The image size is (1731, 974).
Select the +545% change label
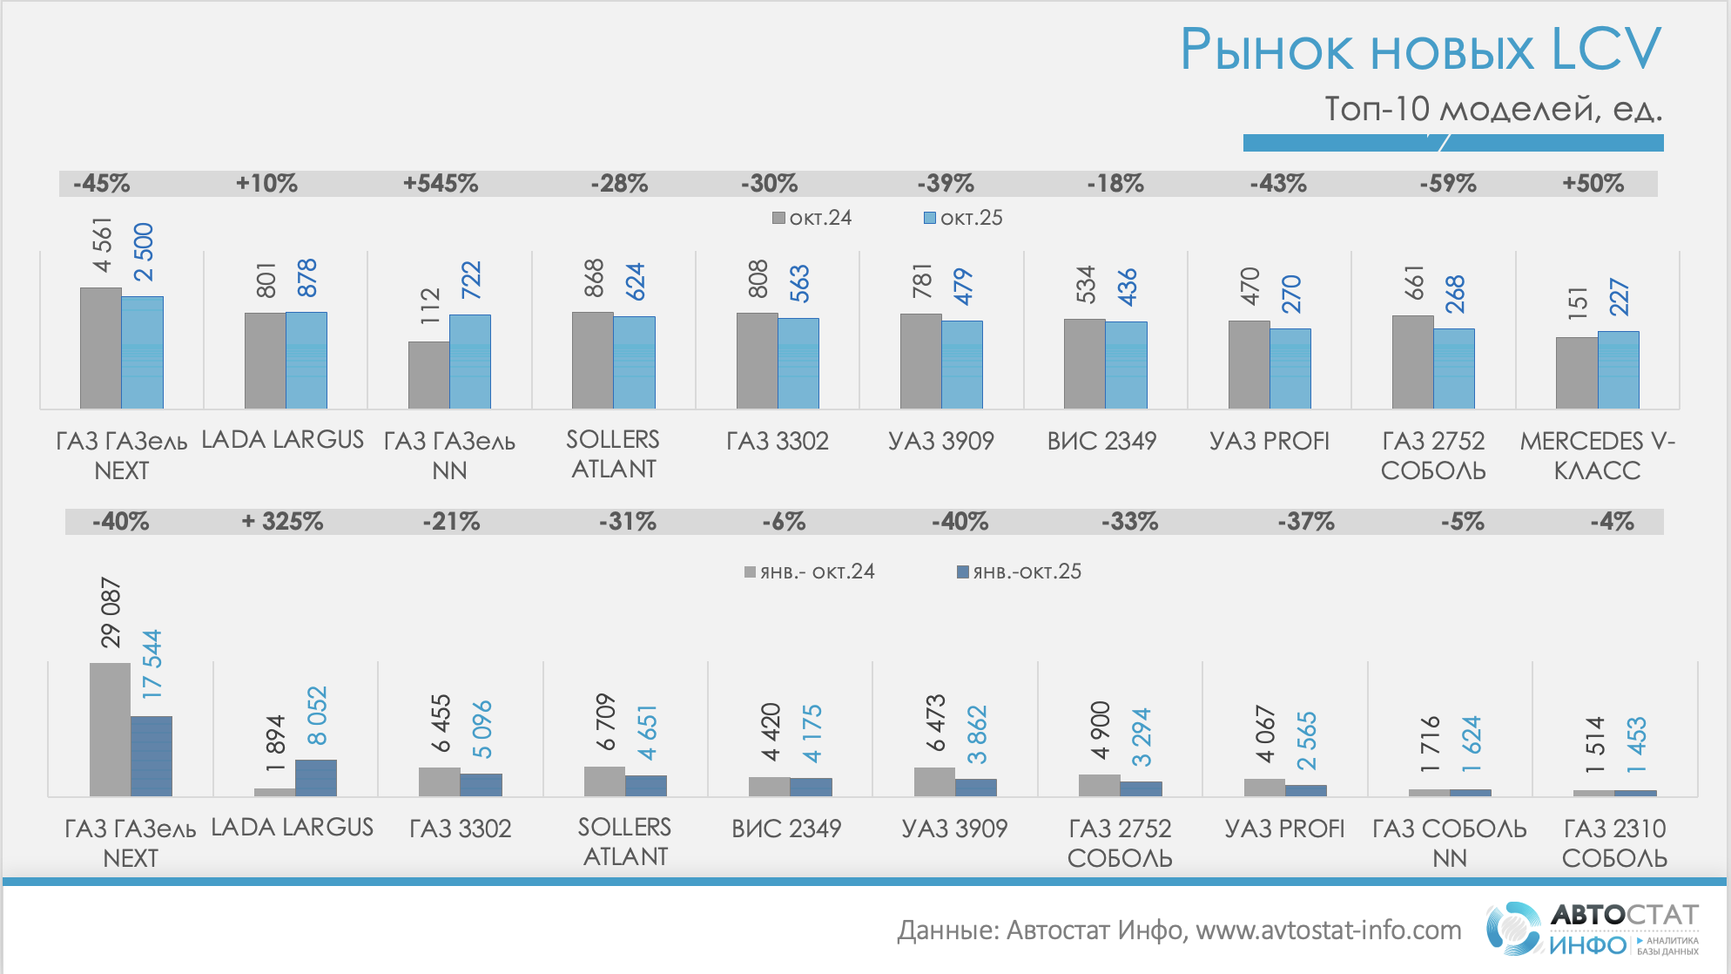(x=440, y=184)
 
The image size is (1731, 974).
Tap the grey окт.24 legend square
(x=779, y=218)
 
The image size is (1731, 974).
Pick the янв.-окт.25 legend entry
(x=1019, y=572)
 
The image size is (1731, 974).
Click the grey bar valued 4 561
(x=101, y=348)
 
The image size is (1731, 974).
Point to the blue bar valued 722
(x=470, y=362)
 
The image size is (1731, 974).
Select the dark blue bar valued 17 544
(x=152, y=755)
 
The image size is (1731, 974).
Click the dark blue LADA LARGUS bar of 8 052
(x=316, y=777)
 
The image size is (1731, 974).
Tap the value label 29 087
(x=111, y=612)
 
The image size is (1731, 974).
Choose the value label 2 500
(x=144, y=252)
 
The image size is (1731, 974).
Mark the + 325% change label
(x=282, y=522)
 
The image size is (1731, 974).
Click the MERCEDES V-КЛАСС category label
(x=1597, y=456)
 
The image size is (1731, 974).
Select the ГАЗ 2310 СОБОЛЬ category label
(x=1614, y=842)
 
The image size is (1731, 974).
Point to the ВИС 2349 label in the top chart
(x=1101, y=441)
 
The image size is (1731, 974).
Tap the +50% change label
(x=1593, y=184)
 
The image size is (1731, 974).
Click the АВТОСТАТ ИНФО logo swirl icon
(x=1513, y=929)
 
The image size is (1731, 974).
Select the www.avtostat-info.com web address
(x=1328, y=930)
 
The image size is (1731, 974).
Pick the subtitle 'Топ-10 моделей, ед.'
(x=1492, y=109)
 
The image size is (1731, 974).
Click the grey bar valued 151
(x=1577, y=372)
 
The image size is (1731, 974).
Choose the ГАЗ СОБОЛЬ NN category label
(x=1450, y=842)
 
